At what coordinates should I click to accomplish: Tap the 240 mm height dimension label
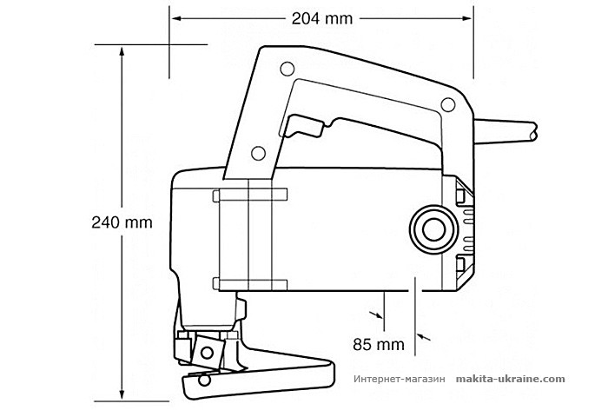tap(122, 222)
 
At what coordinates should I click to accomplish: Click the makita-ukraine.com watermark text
tap(510, 379)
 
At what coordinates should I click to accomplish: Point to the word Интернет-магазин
tap(400, 380)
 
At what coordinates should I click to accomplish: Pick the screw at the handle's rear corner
tap(446, 105)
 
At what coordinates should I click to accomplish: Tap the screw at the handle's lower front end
tap(258, 154)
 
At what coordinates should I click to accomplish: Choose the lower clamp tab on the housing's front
tap(214, 281)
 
